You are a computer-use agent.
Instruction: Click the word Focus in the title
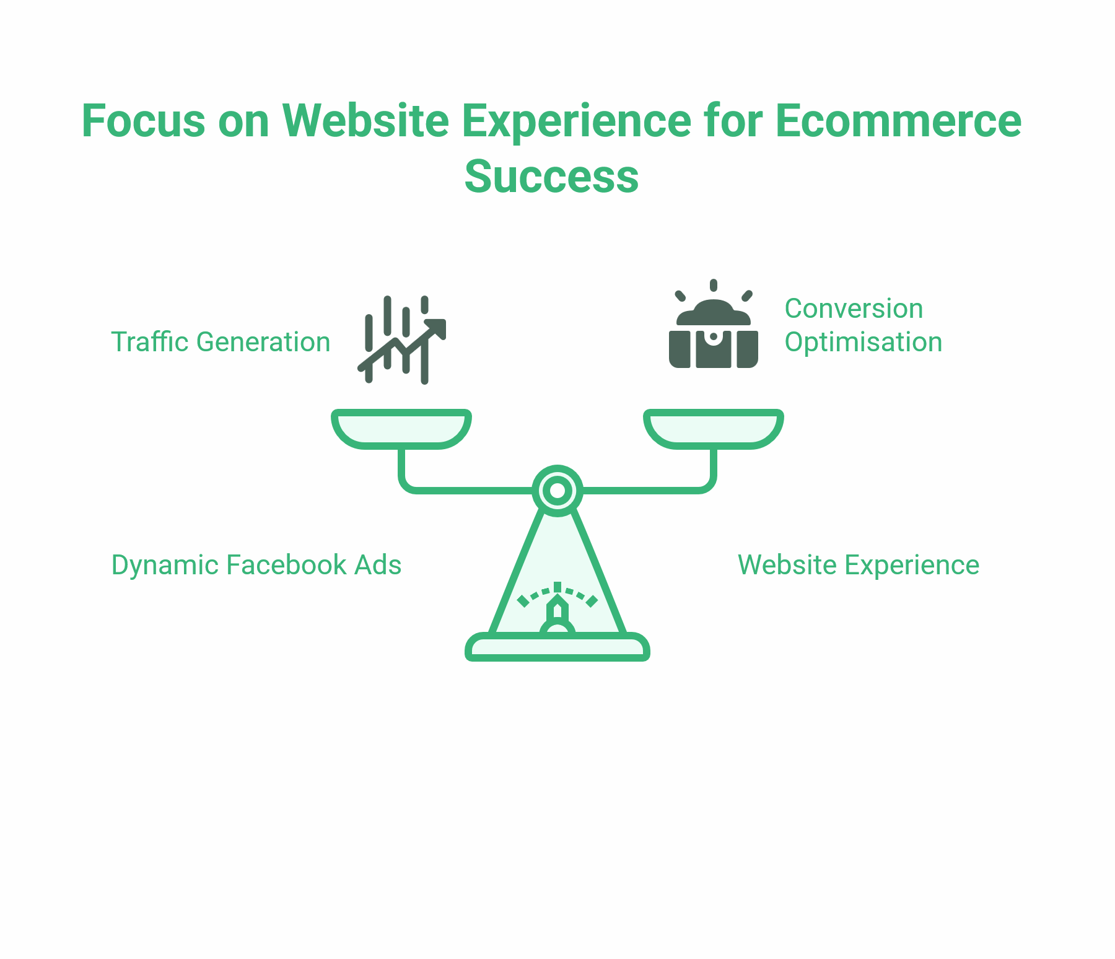click(143, 121)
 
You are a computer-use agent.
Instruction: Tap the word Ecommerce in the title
click(898, 121)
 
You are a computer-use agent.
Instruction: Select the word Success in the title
click(551, 177)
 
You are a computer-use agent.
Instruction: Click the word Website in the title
click(365, 121)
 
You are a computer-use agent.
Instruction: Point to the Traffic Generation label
click(221, 342)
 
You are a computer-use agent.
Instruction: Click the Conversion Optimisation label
click(863, 325)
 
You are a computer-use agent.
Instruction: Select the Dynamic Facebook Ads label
click(256, 565)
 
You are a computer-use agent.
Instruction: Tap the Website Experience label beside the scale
click(859, 565)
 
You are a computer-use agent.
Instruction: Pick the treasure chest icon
click(714, 335)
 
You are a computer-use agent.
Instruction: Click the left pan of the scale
click(401, 428)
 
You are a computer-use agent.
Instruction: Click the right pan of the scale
click(714, 428)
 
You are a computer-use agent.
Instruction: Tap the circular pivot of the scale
click(557, 491)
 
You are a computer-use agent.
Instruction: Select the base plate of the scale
click(557, 648)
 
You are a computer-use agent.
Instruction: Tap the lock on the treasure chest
click(714, 338)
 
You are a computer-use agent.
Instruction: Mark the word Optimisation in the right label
click(863, 342)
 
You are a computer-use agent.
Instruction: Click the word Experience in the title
click(576, 121)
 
